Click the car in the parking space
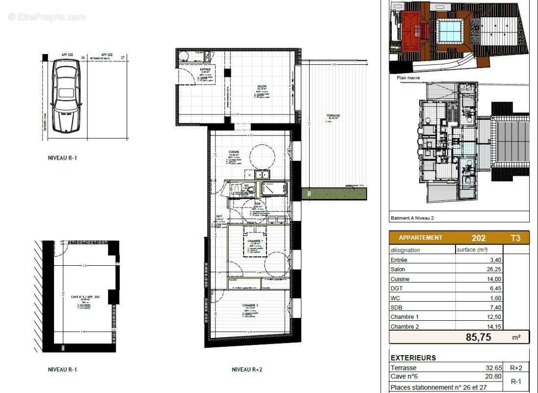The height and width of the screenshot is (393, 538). point(66,96)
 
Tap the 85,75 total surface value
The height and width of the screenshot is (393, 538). point(479,337)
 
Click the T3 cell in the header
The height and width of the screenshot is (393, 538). point(516,238)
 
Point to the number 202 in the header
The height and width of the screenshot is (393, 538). point(479,238)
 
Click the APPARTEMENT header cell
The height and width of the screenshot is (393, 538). point(420,238)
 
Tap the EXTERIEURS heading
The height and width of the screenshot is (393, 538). point(413,358)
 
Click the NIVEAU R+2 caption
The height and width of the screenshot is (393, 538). point(246,369)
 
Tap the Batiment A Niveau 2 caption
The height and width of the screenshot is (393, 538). point(412,218)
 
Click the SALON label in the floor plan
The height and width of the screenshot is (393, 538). point(262,86)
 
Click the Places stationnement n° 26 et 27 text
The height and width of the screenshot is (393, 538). point(438,388)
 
